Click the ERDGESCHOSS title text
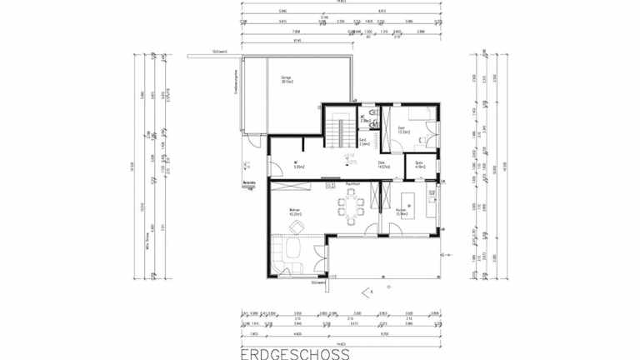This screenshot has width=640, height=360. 295,353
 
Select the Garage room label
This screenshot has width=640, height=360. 286,79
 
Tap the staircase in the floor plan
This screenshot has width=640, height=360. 337,130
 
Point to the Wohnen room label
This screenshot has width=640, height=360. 294,212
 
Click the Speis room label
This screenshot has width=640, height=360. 419,165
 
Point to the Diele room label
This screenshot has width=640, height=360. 382,165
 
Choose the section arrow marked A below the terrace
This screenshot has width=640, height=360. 367,291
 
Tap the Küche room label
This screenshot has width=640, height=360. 401,212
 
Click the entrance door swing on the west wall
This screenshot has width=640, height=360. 275,172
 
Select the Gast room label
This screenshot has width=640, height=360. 402,129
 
